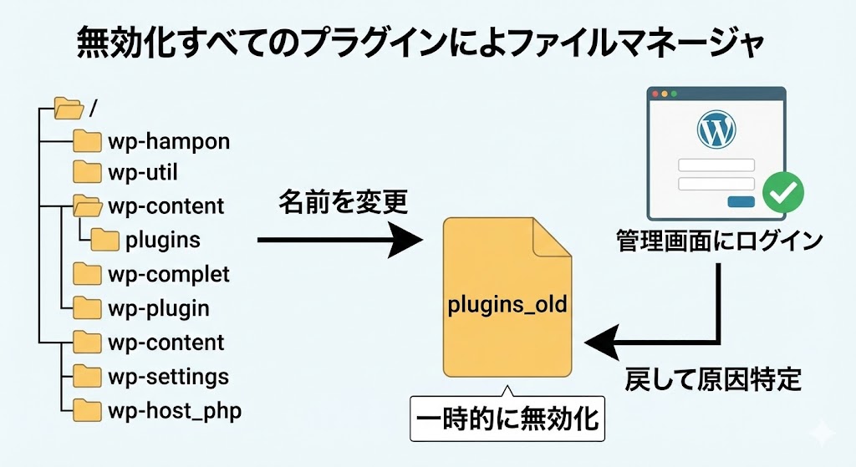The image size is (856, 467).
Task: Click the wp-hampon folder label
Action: tap(168, 141)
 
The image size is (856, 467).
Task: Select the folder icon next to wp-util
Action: tap(87, 173)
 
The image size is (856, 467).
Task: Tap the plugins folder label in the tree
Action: tap(162, 241)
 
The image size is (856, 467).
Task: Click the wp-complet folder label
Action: tap(168, 274)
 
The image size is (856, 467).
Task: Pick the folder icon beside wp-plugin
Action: tap(87, 308)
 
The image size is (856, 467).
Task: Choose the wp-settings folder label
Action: tap(168, 376)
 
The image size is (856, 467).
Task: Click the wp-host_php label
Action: tap(175, 410)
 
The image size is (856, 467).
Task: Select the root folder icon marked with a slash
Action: tap(68, 108)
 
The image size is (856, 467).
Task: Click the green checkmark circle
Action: tap(784, 192)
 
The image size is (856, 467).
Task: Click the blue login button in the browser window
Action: tap(741, 201)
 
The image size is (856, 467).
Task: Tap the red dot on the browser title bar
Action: tap(655, 94)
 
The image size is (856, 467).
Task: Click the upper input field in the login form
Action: tap(716, 165)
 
